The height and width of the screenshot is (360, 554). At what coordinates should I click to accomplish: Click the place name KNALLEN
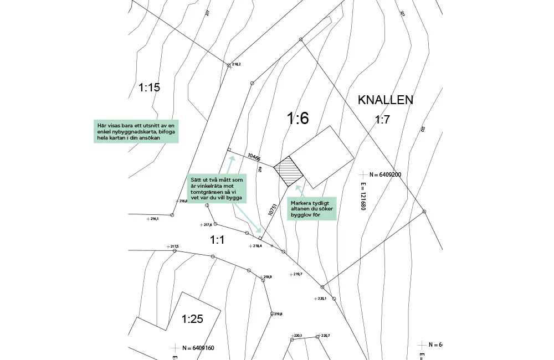(386, 100)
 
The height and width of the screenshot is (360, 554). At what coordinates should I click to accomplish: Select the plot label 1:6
(297, 118)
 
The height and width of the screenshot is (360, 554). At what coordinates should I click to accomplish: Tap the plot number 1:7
(382, 120)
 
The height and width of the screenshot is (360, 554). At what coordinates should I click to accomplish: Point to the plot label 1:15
(149, 87)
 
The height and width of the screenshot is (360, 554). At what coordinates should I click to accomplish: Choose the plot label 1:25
(193, 318)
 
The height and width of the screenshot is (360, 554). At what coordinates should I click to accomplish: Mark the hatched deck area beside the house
(289, 171)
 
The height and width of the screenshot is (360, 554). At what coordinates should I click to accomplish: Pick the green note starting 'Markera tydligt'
(312, 209)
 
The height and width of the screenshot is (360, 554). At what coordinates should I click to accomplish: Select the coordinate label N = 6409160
(198, 348)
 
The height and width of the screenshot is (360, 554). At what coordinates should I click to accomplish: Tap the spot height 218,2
(236, 65)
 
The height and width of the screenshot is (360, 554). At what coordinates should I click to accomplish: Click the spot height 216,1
(154, 219)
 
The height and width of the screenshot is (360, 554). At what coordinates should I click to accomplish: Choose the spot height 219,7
(298, 274)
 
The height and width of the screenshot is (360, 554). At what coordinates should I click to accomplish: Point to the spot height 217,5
(174, 246)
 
